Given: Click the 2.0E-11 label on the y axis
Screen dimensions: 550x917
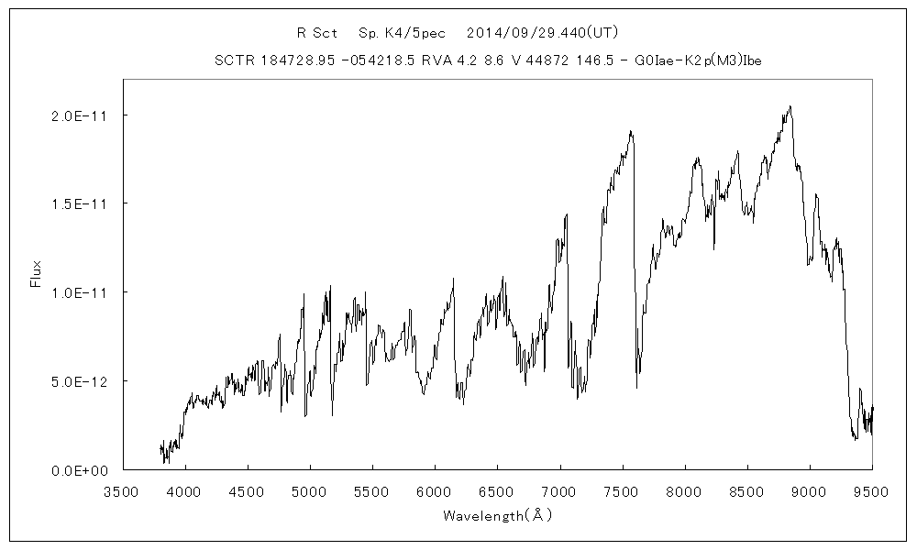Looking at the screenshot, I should click(x=77, y=115).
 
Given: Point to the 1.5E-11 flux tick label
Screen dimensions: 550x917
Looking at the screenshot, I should click(x=77, y=203).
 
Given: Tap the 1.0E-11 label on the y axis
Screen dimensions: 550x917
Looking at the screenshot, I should click(x=77, y=292).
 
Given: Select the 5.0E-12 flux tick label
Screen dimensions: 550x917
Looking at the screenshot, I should click(x=77, y=380).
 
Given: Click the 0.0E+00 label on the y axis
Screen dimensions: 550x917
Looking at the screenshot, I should click(x=77, y=469).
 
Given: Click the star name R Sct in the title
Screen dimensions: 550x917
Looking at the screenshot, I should click(x=317, y=33).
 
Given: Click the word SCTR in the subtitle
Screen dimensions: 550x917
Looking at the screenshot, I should click(x=233, y=61).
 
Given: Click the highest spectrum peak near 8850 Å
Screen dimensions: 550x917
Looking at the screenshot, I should click(x=790, y=106).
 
